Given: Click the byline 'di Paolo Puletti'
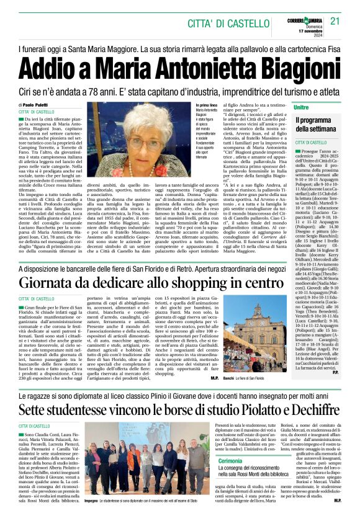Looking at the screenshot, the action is click(38, 105).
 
